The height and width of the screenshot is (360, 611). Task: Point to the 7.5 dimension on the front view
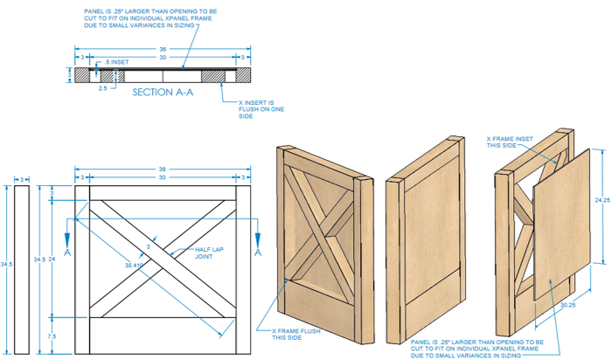[54, 335]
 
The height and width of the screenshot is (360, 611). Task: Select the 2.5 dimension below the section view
[103, 87]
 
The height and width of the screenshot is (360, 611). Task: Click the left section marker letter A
[68, 252]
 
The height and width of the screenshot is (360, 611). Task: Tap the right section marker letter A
[258, 252]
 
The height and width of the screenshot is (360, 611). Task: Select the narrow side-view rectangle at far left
[21, 268]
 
